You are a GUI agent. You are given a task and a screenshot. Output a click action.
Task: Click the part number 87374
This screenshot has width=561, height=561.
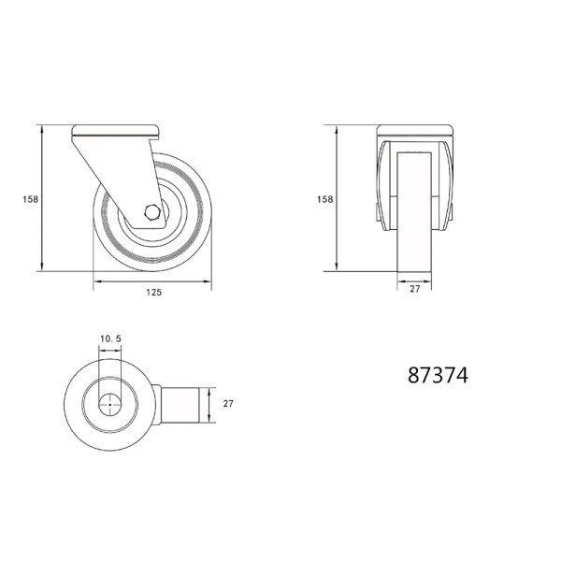[x=438, y=375]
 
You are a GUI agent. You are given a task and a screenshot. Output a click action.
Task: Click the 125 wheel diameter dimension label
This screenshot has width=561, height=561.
[x=154, y=293]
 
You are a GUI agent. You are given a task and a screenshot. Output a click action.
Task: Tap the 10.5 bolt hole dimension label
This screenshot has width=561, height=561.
[x=110, y=338]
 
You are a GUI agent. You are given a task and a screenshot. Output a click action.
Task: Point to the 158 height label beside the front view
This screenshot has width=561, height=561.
[x=324, y=198]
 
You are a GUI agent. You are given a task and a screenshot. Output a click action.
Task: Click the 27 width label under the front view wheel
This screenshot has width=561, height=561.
[x=415, y=290]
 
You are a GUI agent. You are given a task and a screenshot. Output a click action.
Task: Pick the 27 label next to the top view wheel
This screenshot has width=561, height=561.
[x=227, y=404]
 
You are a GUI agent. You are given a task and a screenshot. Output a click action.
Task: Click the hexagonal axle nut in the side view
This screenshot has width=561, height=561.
[x=151, y=212]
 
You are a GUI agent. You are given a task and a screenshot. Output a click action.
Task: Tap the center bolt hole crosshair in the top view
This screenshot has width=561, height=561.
[x=110, y=405]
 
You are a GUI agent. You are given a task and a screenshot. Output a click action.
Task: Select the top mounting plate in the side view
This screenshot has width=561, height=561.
[x=115, y=130]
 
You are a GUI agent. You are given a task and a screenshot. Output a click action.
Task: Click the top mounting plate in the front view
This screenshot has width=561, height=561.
[x=415, y=130]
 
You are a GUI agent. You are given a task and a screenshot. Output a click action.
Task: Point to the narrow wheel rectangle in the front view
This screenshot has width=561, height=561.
[x=415, y=224]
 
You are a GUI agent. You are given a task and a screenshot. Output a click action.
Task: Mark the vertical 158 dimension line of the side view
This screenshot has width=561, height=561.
[x=43, y=198]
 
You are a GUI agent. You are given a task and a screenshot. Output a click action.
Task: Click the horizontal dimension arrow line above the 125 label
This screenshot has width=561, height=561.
[x=152, y=280]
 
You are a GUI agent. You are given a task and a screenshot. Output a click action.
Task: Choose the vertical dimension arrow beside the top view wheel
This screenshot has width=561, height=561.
[x=214, y=405]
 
